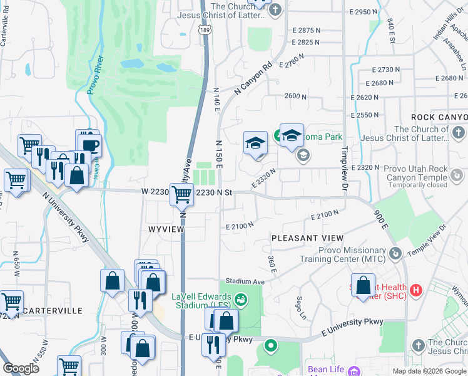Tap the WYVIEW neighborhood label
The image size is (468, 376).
pos(166,229)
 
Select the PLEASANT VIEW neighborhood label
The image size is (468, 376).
pos(307,238)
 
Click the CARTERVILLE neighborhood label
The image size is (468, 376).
pos(54,311)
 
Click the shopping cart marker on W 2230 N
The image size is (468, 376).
pos(181,196)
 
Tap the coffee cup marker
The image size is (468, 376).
pos(91,145)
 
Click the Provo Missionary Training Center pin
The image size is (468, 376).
pos(395,253)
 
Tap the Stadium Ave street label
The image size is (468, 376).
pos(246,281)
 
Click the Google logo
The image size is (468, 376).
pos(21,368)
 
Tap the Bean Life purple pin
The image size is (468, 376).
pos(354,370)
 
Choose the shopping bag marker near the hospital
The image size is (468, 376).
pos(363,286)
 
